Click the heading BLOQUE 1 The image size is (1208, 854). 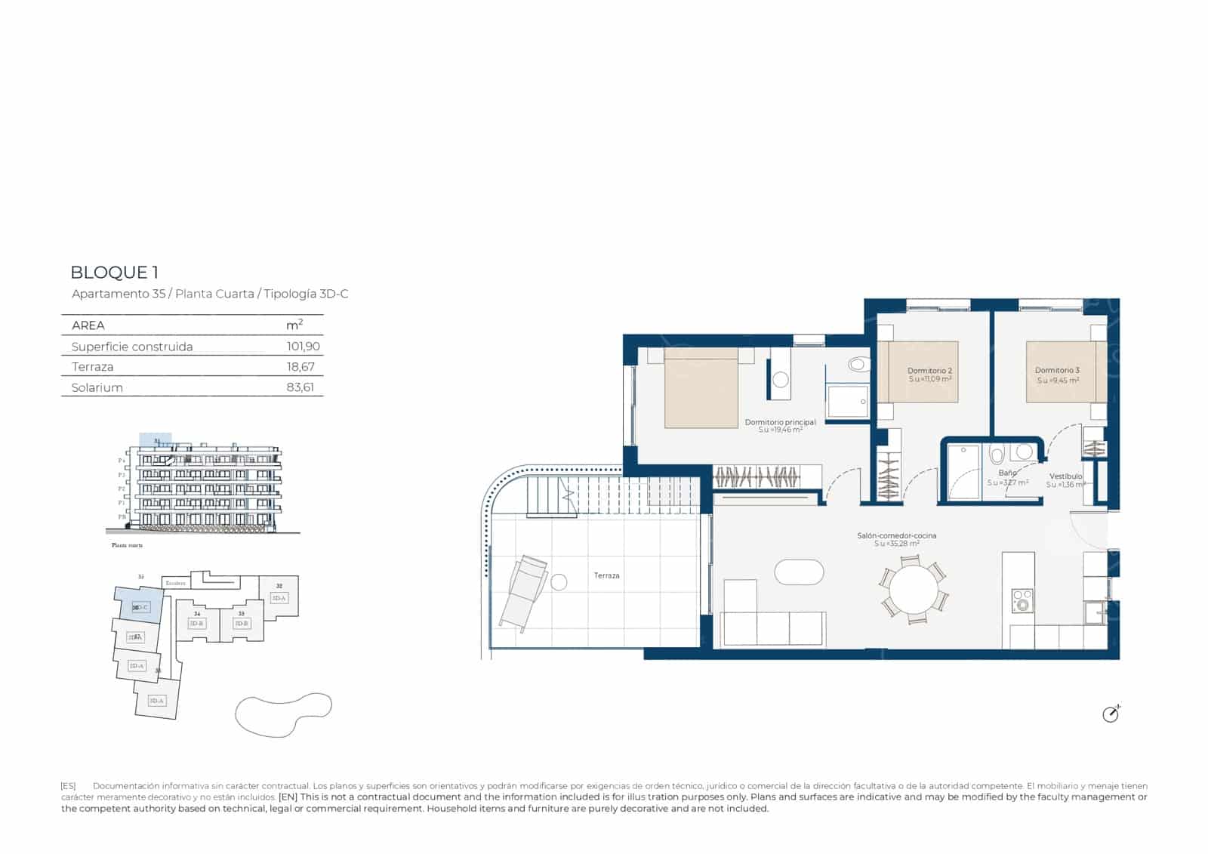click(x=115, y=273)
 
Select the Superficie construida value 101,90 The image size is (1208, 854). click(x=303, y=347)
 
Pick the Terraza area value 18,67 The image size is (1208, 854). click(x=300, y=367)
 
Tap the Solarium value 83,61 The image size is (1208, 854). click(x=300, y=387)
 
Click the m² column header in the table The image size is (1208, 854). click(x=294, y=325)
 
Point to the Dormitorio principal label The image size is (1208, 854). click(x=780, y=423)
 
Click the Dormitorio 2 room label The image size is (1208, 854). click(x=929, y=371)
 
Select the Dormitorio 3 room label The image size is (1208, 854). click(x=1057, y=371)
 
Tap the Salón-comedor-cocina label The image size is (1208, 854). click(x=896, y=536)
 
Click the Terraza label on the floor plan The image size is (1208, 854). click(x=606, y=575)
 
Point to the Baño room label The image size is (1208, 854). click(x=1007, y=473)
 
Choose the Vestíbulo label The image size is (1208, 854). click(x=1065, y=476)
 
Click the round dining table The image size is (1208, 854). click(x=913, y=590)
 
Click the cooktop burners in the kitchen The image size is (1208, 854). click(x=1022, y=601)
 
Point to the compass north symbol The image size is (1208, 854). click(x=1111, y=714)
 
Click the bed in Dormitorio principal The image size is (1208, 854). click(x=701, y=388)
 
